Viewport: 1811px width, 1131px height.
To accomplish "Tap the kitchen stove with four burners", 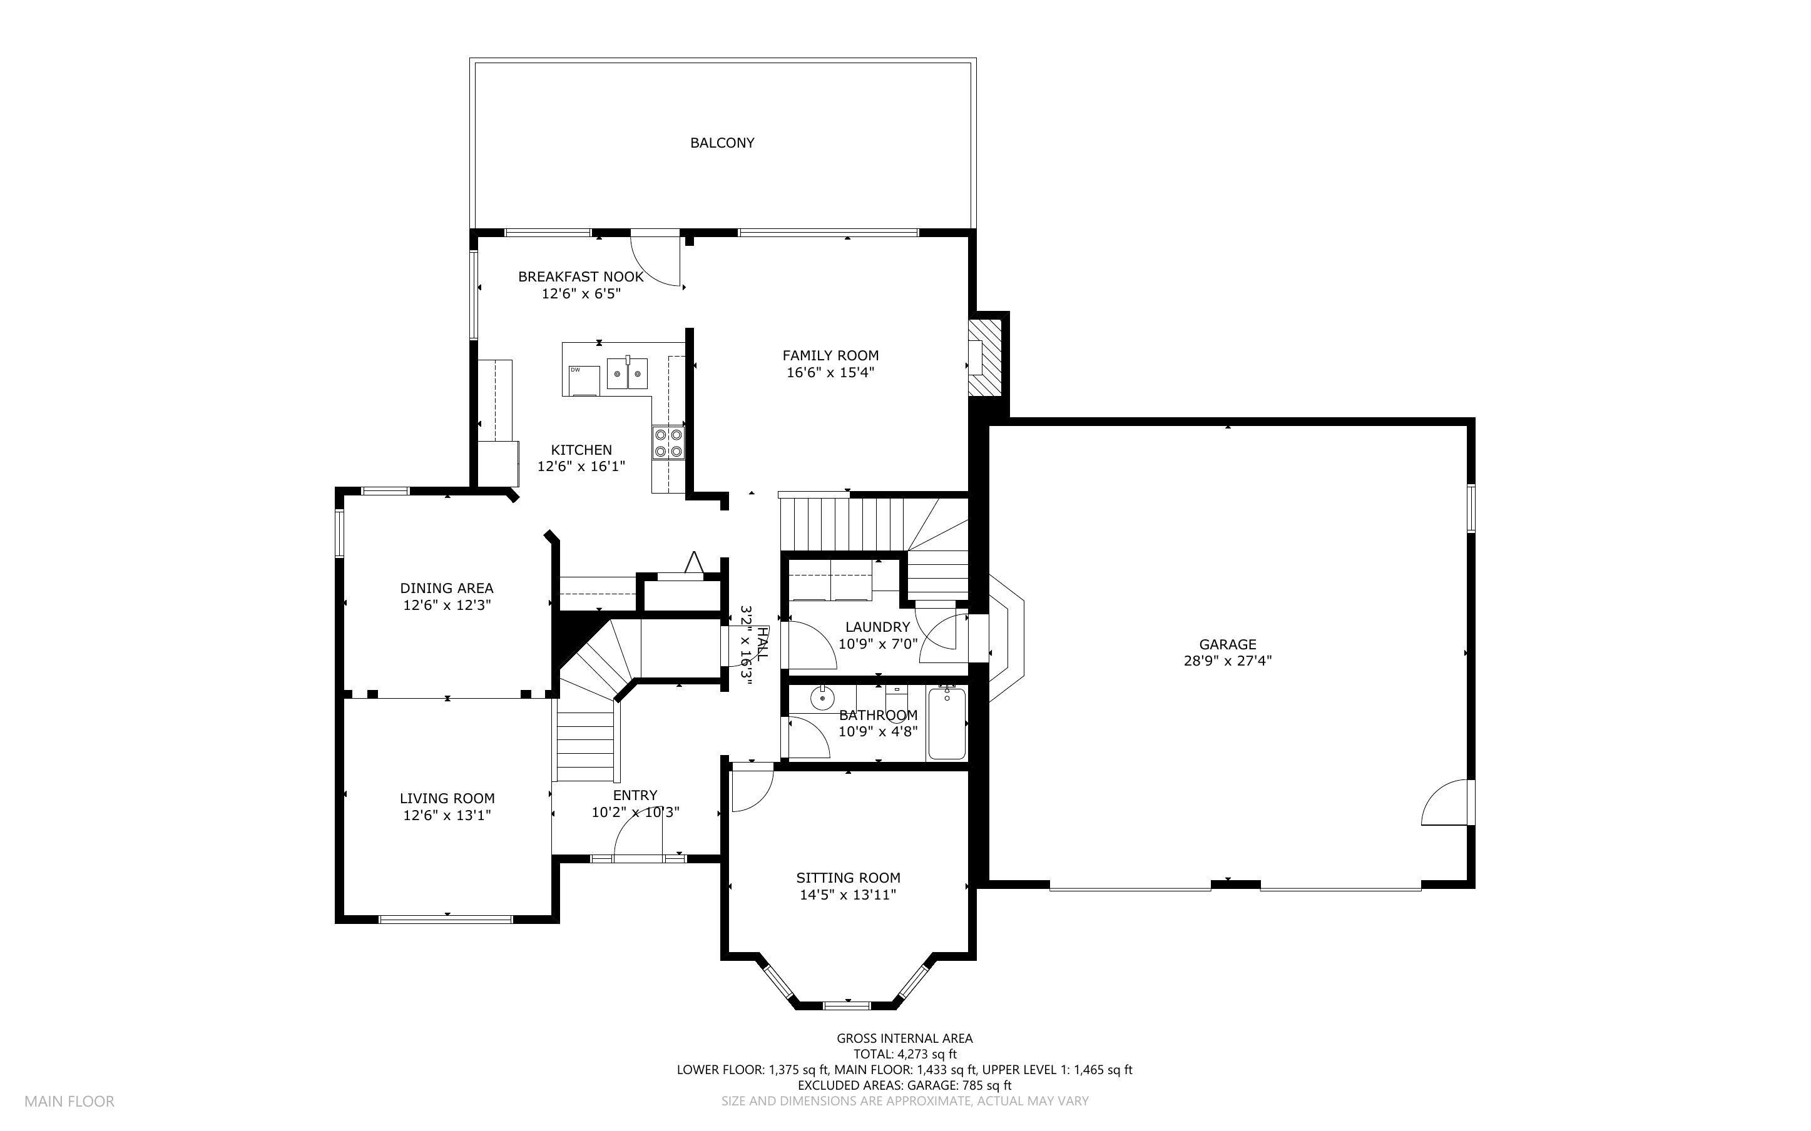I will coord(667,442).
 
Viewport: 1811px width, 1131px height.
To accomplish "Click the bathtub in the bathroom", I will coord(946,723).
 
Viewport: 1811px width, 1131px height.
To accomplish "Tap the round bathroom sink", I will coord(822,699).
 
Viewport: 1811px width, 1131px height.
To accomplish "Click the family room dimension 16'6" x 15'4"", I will coord(830,372).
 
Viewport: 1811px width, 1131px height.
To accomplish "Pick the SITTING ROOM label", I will coord(847,878).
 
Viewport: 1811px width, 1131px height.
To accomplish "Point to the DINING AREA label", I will coord(447,588).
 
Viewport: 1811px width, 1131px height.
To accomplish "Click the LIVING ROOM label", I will coord(447,798).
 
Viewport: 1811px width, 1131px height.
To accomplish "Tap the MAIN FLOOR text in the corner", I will coord(69,1101).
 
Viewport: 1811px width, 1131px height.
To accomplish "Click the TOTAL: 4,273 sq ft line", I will coord(904,1055).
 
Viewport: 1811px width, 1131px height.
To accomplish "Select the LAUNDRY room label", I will coord(877,627).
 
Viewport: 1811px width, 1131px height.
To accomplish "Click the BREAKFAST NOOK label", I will coord(581,276).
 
